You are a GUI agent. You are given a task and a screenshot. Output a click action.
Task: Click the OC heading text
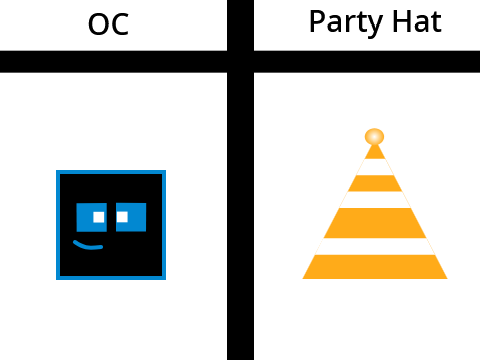tap(108, 24)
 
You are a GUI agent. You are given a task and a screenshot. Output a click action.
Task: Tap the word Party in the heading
tap(346, 22)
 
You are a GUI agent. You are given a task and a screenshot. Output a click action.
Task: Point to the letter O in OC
tap(98, 24)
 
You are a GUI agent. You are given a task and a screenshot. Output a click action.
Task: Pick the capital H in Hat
tap(401, 22)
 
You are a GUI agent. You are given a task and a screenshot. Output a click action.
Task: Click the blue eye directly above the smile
tap(92, 217)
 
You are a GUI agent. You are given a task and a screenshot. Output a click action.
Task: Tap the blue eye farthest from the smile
tap(131, 217)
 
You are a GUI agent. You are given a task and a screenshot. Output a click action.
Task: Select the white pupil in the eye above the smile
tap(99, 217)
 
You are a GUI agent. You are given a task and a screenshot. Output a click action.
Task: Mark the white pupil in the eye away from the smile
tap(122, 217)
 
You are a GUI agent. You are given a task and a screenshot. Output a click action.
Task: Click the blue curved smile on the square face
tap(88, 245)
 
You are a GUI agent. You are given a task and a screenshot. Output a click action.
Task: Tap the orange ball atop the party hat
tap(374, 137)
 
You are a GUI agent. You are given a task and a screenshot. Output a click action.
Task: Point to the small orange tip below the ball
tap(375, 152)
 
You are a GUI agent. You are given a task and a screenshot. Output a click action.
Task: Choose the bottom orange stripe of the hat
tap(375, 267)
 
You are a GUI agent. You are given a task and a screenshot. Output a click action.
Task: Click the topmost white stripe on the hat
tap(375, 167)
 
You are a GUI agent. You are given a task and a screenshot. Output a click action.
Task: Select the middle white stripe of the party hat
tap(375, 200)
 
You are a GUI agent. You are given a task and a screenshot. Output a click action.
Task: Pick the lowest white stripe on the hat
tap(375, 246)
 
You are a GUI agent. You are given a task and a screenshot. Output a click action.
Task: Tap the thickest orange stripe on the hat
tap(375, 223)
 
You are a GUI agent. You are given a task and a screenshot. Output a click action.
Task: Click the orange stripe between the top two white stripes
tap(375, 183)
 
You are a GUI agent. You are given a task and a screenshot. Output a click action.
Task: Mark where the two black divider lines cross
tap(240, 62)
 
